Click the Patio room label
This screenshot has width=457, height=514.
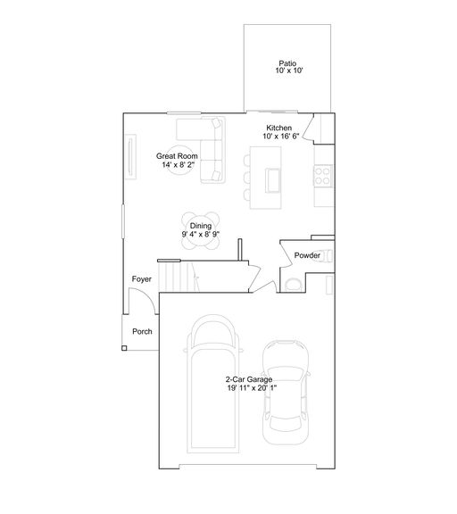click(287, 63)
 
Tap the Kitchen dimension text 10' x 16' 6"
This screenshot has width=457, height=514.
click(281, 136)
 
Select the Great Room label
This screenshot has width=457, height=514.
click(177, 156)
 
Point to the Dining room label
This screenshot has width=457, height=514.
click(201, 226)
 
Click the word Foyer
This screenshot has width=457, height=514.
click(142, 279)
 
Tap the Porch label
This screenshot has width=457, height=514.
click(142, 331)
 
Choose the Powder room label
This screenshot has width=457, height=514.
click(307, 255)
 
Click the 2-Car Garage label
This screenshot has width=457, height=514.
click(249, 379)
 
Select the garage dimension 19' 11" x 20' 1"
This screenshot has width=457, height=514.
click(252, 388)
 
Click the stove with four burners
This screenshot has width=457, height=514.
click(323, 176)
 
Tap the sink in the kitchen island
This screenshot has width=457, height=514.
click(273, 180)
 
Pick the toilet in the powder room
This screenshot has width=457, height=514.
click(293, 285)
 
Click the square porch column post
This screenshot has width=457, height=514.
click(124, 348)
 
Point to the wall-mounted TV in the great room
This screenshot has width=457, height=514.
click(130, 157)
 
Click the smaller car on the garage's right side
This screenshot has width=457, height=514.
click(286, 393)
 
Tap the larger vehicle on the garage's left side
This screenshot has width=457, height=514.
click(213, 384)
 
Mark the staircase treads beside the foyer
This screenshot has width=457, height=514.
click(179, 277)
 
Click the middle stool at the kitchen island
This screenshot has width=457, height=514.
click(247, 178)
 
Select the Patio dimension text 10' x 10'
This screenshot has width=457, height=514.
click(289, 70)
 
